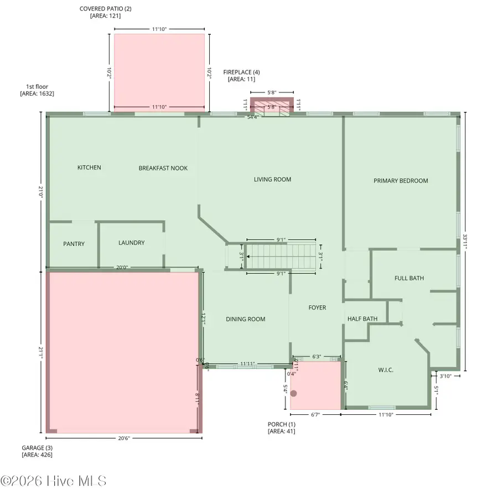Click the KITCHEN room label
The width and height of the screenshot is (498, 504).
[x=89, y=167]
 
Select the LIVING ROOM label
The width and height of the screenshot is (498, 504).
[x=272, y=179]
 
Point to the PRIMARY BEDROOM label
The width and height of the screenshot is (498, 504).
[x=401, y=181]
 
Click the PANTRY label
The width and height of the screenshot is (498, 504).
[x=74, y=244]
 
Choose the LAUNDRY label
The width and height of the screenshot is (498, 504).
[x=131, y=243]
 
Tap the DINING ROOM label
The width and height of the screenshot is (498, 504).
[x=245, y=319]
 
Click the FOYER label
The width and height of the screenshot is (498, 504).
[x=317, y=307]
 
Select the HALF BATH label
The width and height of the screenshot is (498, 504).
[x=362, y=318]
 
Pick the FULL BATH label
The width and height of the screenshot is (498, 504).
[x=409, y=278]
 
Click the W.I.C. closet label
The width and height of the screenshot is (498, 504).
[x=385, y=370]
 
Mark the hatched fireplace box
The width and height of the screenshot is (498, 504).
[x=271, y=107]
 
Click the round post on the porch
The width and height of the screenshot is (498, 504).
[x=294, y=394]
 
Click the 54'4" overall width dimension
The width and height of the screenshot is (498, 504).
[x=252, y=117]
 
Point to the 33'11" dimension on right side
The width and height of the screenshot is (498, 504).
[x=465, y=241]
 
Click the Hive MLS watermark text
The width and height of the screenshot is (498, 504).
[x=54, y=481]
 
